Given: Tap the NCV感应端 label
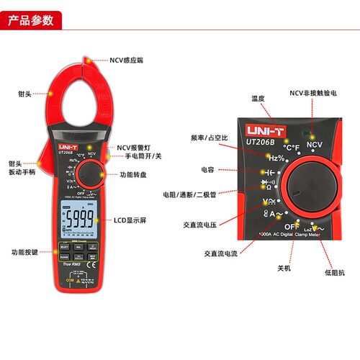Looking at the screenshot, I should tap(127, 60).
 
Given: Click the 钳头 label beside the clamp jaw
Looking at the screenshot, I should tap(24, 94).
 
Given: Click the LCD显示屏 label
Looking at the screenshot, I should tap(130, 220).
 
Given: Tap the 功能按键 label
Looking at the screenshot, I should tap(24, 252).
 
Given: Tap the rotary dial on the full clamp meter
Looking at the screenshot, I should tap(91, 175).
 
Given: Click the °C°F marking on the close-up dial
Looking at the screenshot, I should tap(291, 148).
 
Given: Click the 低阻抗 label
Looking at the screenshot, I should tap(334, 273).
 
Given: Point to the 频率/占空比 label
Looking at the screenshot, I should tap(209, 137).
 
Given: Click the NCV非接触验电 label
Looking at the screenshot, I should tap(316, 93).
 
